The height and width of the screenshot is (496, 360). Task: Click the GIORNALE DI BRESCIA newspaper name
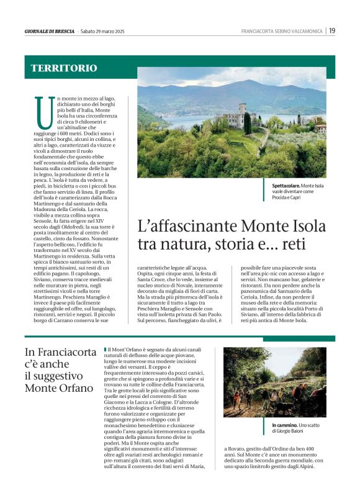click(50, 31)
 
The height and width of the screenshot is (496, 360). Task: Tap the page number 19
click(332, 30)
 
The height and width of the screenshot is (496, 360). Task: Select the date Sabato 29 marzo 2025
click(103, 31)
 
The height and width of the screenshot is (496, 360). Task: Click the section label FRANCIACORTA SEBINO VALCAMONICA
click(282, 31)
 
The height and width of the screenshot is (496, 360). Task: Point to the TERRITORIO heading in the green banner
click(64, 68)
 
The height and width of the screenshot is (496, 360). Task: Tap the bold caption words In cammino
click(284, 425)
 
